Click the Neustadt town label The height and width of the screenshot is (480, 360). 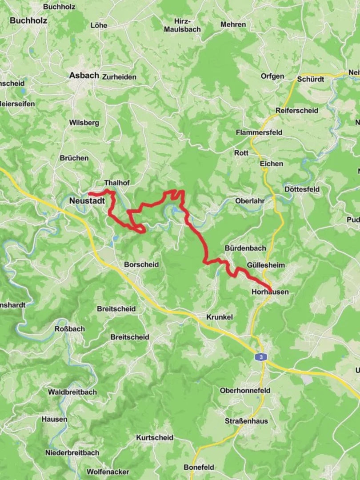point(87,201)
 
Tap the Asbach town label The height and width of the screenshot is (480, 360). point(84,76)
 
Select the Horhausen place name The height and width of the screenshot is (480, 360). point(270,292)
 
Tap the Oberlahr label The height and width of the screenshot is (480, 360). point(250,201)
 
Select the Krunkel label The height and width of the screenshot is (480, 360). point(220,317)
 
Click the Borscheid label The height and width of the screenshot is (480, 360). point(141,264)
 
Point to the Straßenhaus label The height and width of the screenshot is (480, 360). point(246,420)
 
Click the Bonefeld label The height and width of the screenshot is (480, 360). point(199,467)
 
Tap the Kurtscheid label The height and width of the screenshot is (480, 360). point(155,438)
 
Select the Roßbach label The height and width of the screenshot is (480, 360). point(69,329)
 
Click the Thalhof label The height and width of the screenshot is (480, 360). point(116,183)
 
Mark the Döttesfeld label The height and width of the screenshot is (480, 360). point(302,189)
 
